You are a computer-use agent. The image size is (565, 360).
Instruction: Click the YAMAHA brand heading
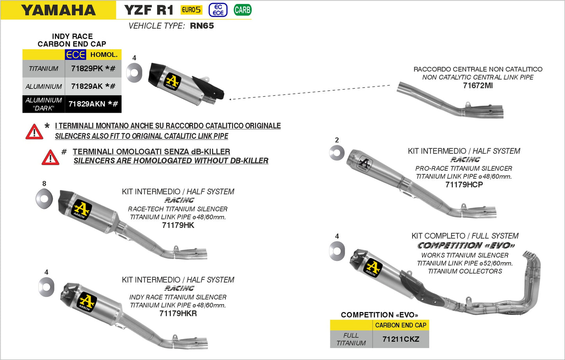point(58,10)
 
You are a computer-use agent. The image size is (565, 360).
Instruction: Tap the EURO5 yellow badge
point(191,10)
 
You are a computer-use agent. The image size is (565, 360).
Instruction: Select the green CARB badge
point(242,10)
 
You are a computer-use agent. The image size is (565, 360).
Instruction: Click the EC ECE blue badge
point(218,10)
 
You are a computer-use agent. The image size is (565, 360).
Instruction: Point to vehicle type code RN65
point(202,26)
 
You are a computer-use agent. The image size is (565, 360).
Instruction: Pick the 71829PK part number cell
point(93,68)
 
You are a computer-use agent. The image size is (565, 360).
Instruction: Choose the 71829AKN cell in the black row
point(93,104)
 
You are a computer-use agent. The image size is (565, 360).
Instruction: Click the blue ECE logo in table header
point(75,55)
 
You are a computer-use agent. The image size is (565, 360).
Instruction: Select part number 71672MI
point(477,86)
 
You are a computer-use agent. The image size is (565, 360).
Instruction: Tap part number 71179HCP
point(464,184)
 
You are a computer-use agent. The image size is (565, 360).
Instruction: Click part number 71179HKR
point(178,313)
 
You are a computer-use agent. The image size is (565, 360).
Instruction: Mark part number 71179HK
point(178,225)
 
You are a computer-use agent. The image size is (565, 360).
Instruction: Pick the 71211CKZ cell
point(400,339)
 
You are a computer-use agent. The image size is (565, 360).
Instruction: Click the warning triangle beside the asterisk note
point(34,132)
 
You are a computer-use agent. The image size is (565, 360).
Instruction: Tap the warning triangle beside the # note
point(50,158)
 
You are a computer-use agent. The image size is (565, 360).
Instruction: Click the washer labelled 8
point(44,199)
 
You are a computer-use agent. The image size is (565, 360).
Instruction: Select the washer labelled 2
point(337,153)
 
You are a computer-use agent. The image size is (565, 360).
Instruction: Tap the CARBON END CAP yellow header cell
point(400,325)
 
